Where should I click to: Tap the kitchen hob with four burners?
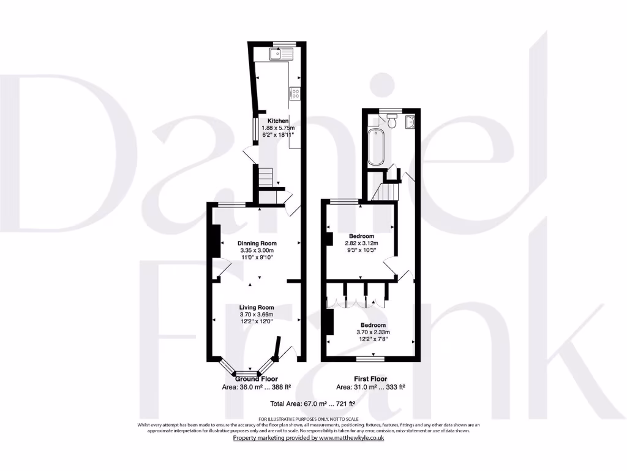[295, 94]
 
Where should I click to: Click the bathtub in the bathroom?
[375, 147]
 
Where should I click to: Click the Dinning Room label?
[257, 243]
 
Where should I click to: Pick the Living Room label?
[257, 307]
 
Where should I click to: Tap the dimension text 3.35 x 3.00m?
[257, 251]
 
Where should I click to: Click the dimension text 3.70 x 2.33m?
[373, 332]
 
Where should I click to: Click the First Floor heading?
[370, 379]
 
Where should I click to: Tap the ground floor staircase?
[264, 178]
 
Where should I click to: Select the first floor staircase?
[387, 192]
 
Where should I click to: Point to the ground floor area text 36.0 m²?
[257, 387]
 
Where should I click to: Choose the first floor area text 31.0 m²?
[370, 387]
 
